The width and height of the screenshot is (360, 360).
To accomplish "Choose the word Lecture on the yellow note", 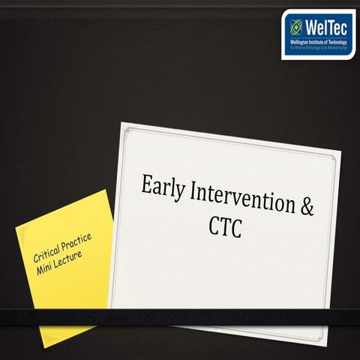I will click(x=71, y=258).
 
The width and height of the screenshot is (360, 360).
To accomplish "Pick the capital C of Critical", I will click(x=37, y=257).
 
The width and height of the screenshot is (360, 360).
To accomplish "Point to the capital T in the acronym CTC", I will click(x=226, y=227).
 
